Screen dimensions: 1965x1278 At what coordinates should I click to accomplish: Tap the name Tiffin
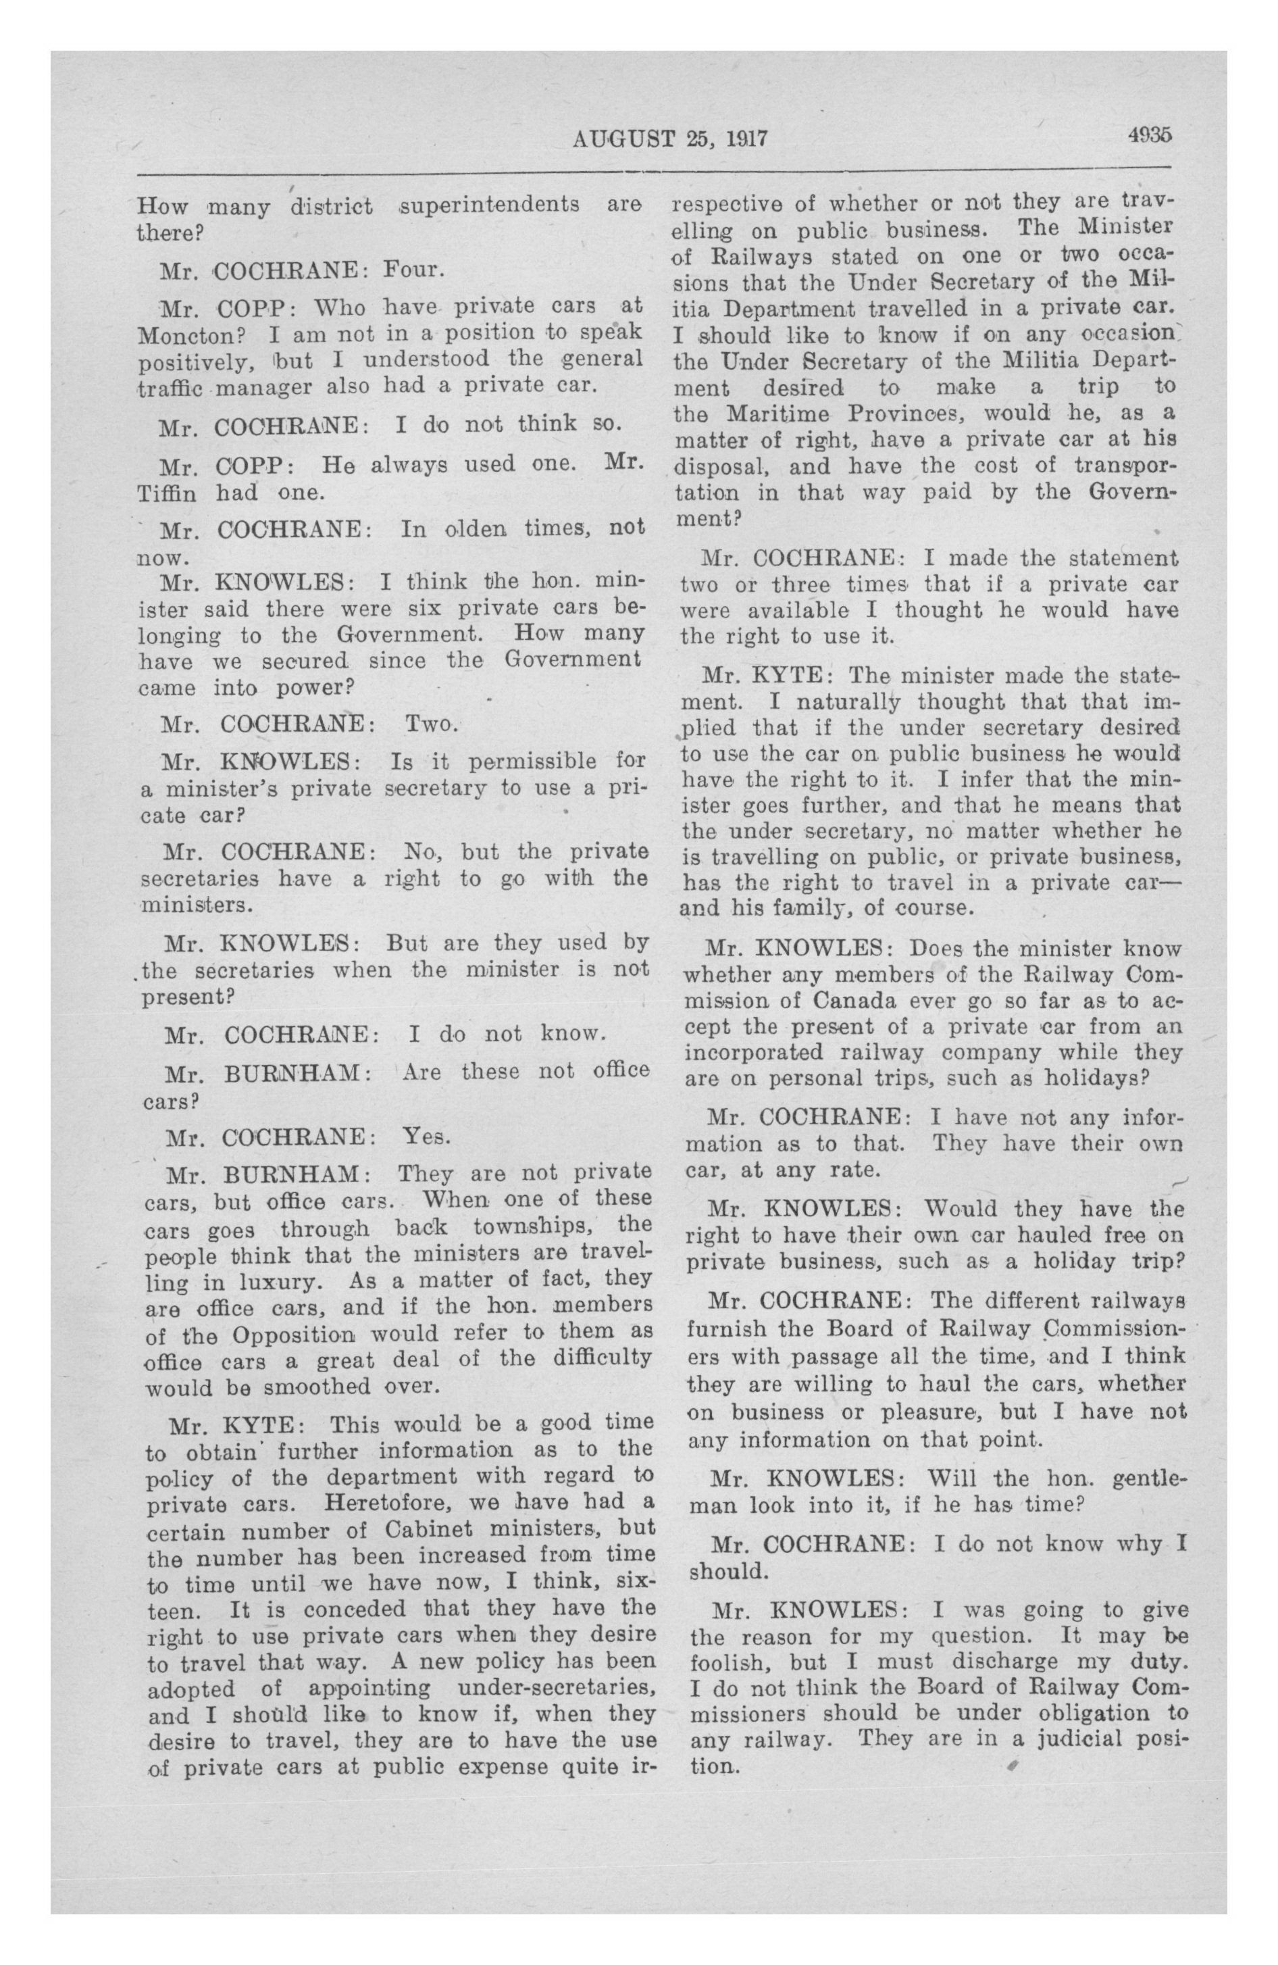pos(166,493)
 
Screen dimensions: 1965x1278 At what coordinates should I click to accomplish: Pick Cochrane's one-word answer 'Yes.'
pos(427,1137)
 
